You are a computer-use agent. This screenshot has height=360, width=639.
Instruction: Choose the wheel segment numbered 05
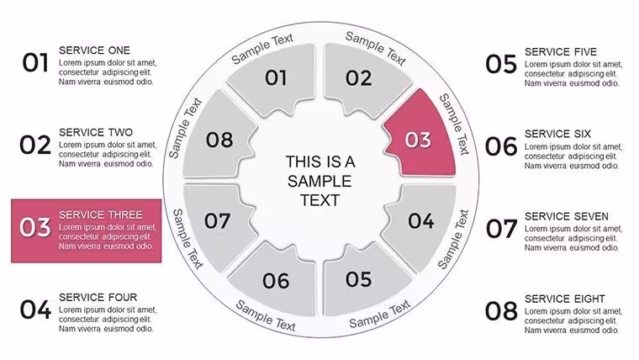click(362, 281)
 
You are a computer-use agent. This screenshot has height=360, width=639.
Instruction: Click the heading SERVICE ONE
click(94, 50)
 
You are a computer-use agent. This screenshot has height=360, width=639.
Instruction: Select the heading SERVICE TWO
click(96, 133)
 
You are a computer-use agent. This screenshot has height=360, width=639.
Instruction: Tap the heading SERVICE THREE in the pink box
click(101, 214)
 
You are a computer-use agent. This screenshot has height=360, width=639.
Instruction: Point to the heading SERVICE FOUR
click(98, 297)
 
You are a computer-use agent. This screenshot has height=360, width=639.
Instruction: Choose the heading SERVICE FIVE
click(561, 52)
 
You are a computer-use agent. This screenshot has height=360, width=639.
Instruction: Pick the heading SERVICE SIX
click(557, 134)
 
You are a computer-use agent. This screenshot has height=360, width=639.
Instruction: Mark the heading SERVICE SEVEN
click(567, 216)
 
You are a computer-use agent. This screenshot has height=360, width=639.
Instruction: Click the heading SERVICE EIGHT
click(565, 299)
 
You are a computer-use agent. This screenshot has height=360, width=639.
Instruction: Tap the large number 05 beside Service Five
click(501, 65)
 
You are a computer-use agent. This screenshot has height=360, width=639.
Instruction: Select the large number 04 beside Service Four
click(35, 310)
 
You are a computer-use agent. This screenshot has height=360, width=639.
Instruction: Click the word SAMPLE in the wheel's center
click(319, 181)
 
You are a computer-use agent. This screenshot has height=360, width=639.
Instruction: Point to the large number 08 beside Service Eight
click(501, 311)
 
